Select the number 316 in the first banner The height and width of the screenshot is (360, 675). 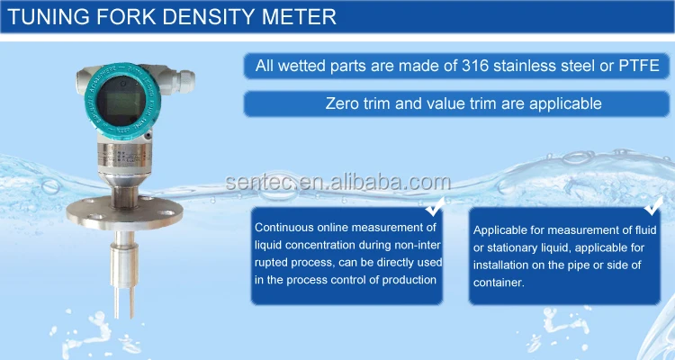click(476, 66)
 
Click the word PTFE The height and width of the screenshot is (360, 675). click(639, 66)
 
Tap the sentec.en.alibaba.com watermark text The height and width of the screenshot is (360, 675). click(337, 182)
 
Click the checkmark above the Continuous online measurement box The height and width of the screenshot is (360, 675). click(436, 206)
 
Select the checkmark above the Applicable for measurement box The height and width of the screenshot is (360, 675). click(653, 205)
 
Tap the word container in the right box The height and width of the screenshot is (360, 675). click(499, 283)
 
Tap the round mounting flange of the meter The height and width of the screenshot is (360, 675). click(125, 211)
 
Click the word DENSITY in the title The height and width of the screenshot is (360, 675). click(209, 17)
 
